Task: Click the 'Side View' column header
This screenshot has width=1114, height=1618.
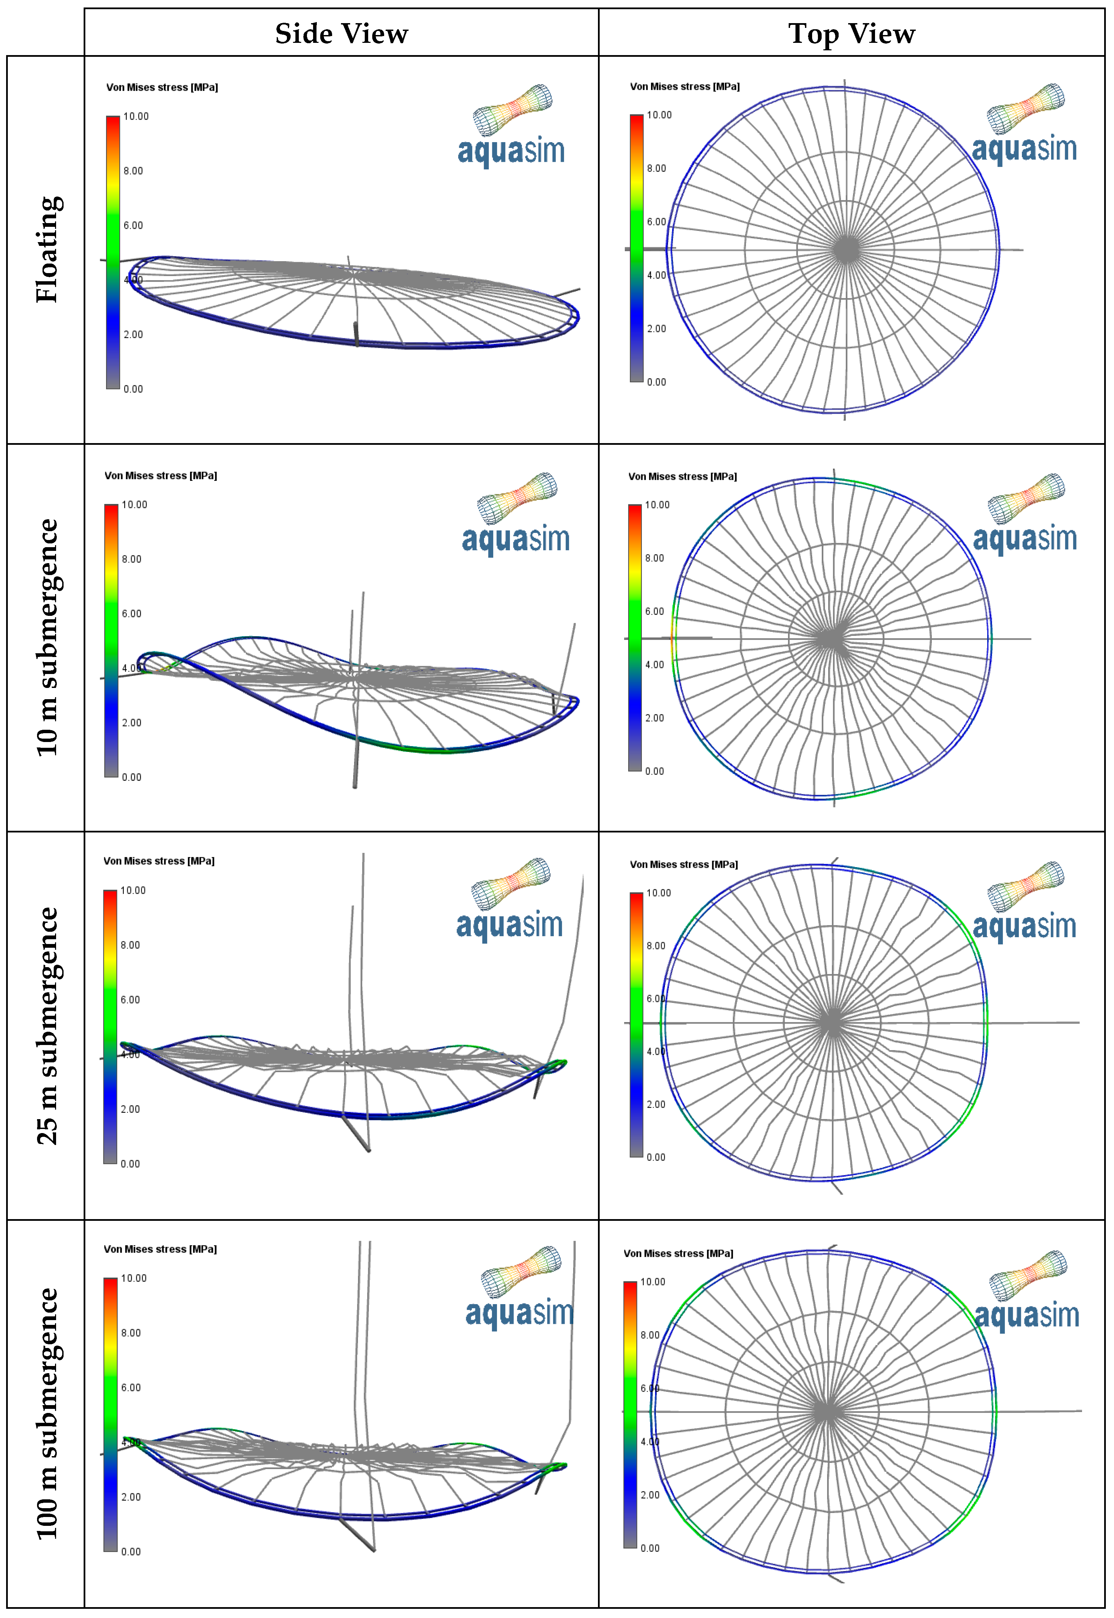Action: coord(341,34)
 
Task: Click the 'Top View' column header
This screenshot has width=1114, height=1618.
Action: coord(852,34)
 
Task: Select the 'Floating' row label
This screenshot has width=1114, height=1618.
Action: coord(48,249)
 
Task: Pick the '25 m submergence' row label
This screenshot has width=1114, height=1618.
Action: coord(48,1025)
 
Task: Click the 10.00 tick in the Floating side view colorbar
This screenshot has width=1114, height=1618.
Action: coord(136,117)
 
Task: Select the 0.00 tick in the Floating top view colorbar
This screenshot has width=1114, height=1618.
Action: coord(656,382)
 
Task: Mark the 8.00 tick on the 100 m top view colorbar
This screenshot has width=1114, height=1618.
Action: coord(650,1335)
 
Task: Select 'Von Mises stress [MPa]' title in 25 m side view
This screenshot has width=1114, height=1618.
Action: coord(158,861)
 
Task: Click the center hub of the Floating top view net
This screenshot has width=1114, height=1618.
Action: coord(847,249)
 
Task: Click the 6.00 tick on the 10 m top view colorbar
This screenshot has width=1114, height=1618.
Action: coord(654,611)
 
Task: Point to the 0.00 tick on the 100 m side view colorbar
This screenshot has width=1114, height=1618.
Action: coord(131,1551)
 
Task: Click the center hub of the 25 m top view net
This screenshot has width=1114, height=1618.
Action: coord(831,1023)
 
